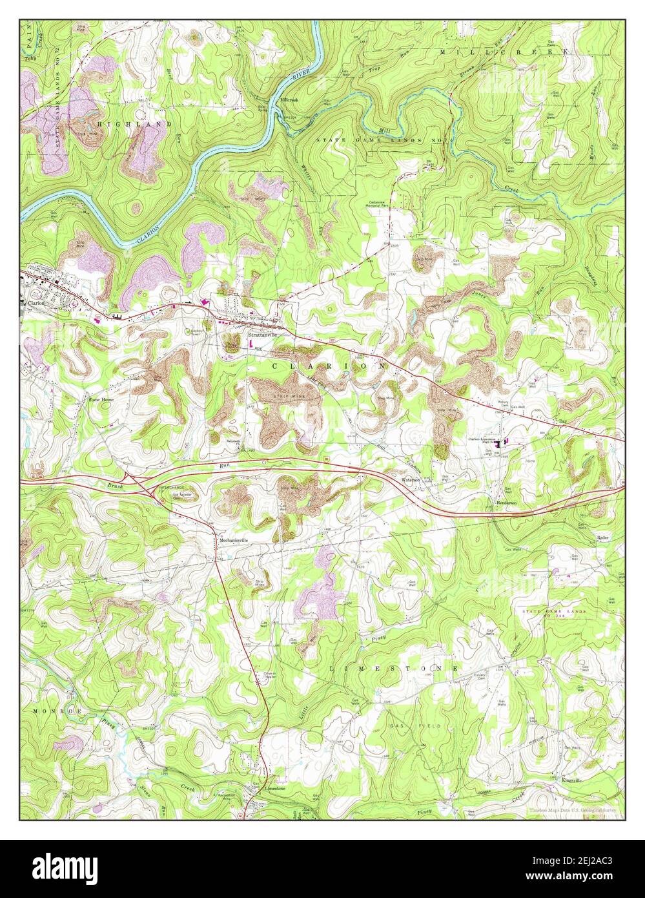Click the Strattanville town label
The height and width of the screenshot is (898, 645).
263,335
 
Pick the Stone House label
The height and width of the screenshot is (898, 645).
101,400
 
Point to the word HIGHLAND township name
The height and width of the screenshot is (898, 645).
134,123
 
